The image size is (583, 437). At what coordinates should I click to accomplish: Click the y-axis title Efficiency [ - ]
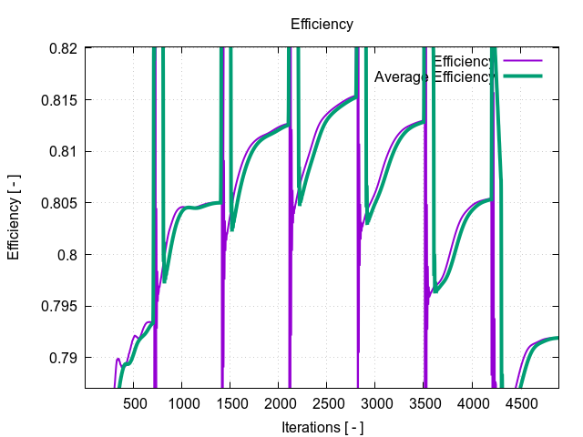[x=14, y=218]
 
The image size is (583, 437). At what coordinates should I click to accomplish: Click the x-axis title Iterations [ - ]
[x=322, y=425]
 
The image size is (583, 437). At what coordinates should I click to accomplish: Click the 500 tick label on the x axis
[x=134, y=402]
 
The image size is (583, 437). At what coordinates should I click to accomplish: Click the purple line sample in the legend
[x=522, y=61]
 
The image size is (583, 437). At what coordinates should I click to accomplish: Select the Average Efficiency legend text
[x=434, y=76]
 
